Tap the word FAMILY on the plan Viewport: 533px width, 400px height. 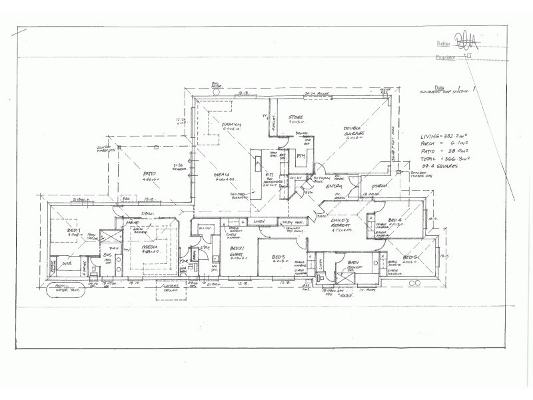point(231,125)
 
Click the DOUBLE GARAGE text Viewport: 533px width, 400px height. point(353,131)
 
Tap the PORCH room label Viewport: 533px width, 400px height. point(380,186)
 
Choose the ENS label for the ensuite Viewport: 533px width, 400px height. point(107,255)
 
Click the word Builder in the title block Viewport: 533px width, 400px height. point(444,43)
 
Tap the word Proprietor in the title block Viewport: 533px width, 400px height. point(446,58)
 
